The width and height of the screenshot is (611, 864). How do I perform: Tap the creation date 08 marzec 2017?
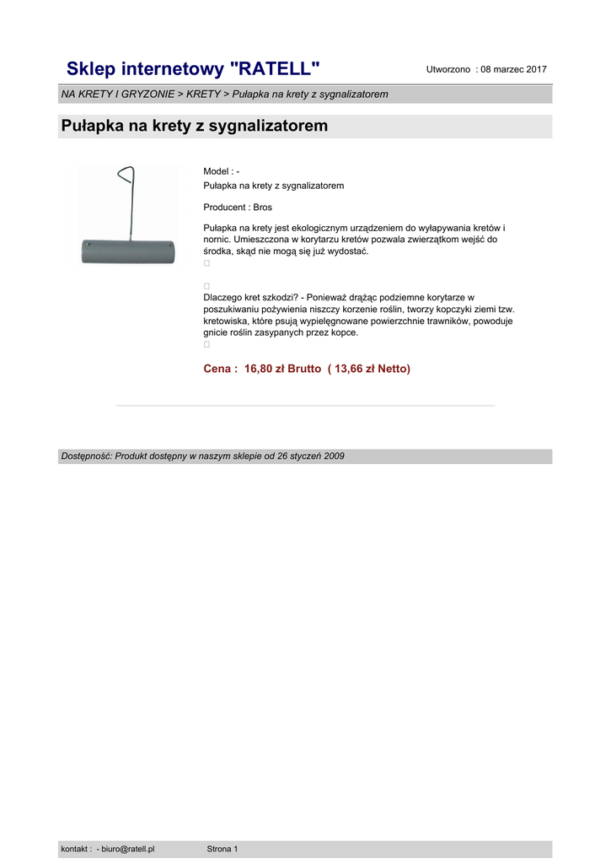tap(514, 69)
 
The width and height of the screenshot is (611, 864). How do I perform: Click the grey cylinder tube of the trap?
tap(128, 251)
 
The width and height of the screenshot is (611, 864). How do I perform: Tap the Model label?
tap(217, 171)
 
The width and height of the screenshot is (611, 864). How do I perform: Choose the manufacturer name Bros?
tap(262, 207)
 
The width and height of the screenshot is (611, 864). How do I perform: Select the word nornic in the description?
tap(217, 240)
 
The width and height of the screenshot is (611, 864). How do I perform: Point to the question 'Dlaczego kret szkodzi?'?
tap(252, 298)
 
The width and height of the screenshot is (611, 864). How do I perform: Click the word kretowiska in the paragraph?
tap(227, 321)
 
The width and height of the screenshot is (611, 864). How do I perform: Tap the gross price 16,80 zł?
tap(265, 369)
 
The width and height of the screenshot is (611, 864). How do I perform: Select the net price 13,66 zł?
tap(355, 369)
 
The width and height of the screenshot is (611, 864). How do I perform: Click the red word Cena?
tap(218, 369)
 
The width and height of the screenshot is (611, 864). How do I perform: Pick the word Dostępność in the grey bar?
tap(86, 456)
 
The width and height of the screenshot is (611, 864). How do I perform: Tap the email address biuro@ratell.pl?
tap(128, 849)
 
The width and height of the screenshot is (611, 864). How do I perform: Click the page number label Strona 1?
tap(222, 849)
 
